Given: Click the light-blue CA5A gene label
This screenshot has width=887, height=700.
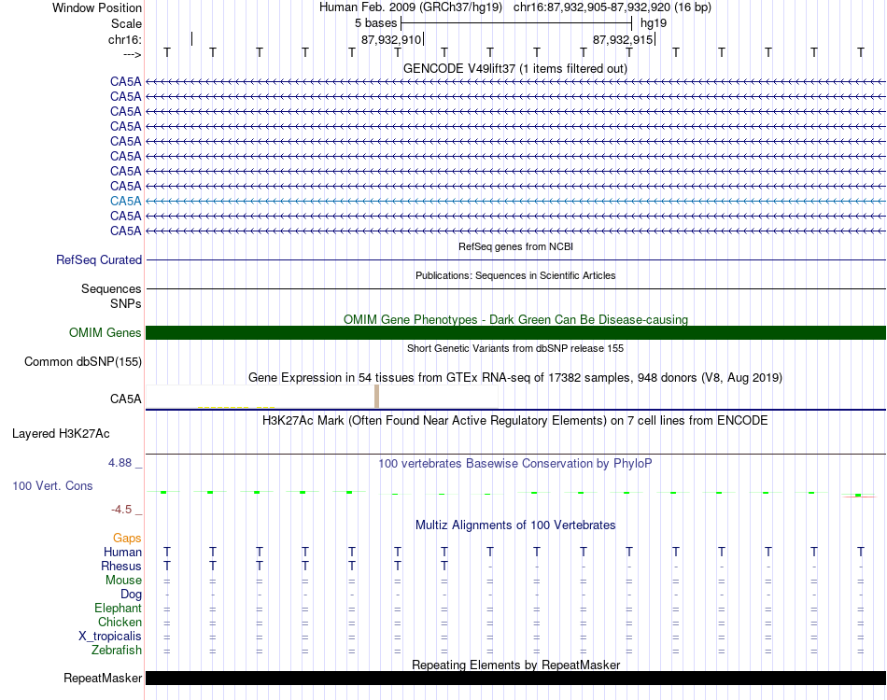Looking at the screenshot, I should tap(126, 201).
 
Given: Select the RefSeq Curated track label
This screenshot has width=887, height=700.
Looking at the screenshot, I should tap(99, 260).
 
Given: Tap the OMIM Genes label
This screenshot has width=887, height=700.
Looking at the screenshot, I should tap(106, 333).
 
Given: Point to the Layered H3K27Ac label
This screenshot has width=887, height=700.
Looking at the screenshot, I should tap(61, 434).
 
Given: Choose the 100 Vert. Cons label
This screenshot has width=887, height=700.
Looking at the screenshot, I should tap(52, 486).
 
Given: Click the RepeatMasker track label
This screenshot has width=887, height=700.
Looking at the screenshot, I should tap(103, 679).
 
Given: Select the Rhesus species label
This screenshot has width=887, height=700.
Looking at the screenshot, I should tap(121, 567).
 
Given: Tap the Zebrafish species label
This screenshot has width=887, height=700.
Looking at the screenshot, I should tap(118, 651).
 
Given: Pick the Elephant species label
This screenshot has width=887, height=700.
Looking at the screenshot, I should tap(118, 609).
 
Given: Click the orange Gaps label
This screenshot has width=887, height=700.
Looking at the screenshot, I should tap(127, 539).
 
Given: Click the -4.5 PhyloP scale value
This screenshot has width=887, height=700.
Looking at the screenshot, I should tap(125, 510).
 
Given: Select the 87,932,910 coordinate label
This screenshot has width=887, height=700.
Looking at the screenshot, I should tap(391, 39).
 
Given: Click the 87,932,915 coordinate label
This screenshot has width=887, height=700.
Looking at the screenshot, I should tap(624, 39).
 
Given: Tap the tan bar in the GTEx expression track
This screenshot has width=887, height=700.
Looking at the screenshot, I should tap(376, 397).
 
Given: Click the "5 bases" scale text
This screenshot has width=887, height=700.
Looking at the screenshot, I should tap(376, 22).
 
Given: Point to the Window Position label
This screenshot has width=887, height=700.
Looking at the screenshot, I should tap(97, 7).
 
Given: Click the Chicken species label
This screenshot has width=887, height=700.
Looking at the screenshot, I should tap(120, 623).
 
